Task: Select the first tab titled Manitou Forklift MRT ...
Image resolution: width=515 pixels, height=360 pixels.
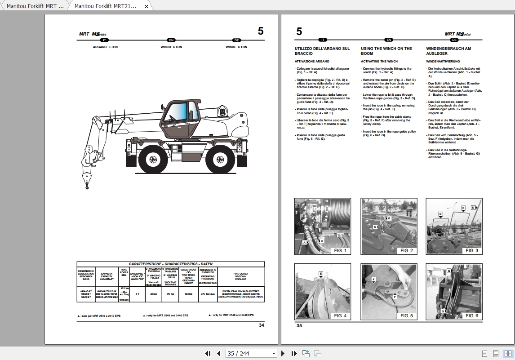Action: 35,6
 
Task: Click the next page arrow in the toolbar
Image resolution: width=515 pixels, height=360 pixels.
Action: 283,354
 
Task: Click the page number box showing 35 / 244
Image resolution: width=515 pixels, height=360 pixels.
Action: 252,354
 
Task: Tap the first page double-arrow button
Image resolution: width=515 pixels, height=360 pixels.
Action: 208,354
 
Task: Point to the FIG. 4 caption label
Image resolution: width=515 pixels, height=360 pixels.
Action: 340,316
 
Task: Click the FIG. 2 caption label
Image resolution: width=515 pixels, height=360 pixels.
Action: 406,250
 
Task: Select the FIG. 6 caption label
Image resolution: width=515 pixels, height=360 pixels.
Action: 471,316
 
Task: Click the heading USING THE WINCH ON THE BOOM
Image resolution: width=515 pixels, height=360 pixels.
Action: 386,51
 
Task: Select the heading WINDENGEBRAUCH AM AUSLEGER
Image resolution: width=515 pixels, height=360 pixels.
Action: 448,51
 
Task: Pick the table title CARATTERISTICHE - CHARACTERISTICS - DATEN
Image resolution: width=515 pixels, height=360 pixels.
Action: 171,264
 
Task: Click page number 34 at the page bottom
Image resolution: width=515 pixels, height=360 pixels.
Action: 262,325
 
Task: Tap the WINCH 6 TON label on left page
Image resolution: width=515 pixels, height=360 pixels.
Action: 171,47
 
